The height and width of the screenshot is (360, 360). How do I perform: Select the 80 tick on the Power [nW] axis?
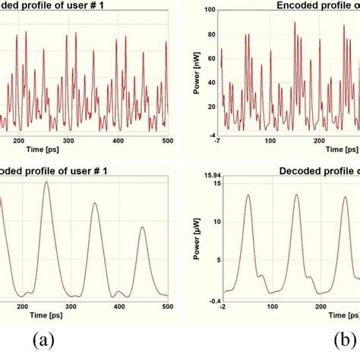tap(210, 35)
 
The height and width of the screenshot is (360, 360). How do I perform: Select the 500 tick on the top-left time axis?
tap(165, 141)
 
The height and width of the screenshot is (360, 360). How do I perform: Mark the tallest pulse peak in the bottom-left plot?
tap(46, 182)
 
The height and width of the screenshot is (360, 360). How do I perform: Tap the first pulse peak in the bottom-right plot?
tap(248, 195)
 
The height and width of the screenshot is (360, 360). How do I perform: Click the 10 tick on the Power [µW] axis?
tap(213, 221)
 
